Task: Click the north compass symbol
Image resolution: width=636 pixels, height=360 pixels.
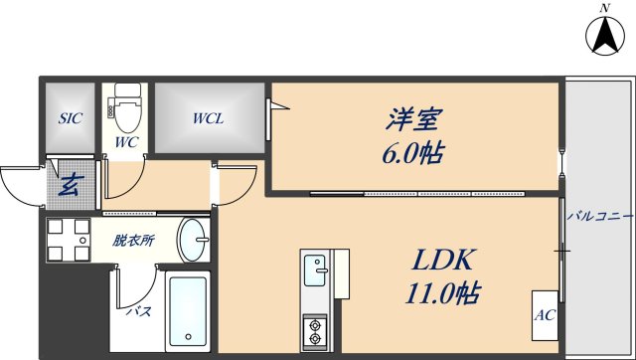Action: click(x=602, y=36)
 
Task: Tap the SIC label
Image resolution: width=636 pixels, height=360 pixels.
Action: click(x=70, y=118)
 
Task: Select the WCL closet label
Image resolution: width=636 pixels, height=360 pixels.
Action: click(x=208, y=118)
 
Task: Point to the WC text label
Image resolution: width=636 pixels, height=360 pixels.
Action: click(x=125, y=142)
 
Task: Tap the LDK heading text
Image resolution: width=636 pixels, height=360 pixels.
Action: click(x=445, y=262)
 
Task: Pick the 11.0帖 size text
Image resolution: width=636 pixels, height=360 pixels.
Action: click(x=445, y=294)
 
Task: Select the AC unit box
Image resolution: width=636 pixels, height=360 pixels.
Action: click(x=545, y=316)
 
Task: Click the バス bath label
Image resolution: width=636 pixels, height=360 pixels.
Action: click(x=137, y=311)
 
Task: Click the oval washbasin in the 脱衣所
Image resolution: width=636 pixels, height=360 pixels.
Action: click(x=195, y=240)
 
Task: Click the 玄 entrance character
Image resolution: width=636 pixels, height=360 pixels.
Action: click(x=70, y=184)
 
